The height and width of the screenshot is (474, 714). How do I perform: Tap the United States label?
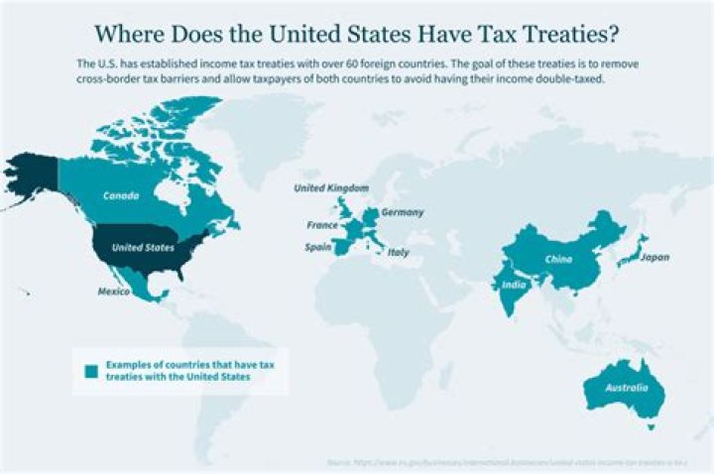tap(143, 247)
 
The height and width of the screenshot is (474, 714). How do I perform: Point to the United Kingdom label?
tap(331, 187)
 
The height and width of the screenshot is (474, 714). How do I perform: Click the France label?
tap(322, 225)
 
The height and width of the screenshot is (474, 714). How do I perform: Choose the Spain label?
tap(319, 248)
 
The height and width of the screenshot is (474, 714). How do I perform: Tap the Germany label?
tap(403, 212)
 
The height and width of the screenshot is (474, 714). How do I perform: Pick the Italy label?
tap(398, 253)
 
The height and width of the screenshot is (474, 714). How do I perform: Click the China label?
tap(558, 260)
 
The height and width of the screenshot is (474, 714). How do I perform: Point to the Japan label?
tap(654, 258)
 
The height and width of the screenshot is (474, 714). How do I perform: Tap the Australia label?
tap(628, 388)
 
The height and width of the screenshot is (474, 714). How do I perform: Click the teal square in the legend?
tap(91, 371)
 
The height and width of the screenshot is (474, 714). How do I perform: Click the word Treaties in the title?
tap(567, 34)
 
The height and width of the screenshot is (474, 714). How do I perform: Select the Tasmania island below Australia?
tap(652, 426)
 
